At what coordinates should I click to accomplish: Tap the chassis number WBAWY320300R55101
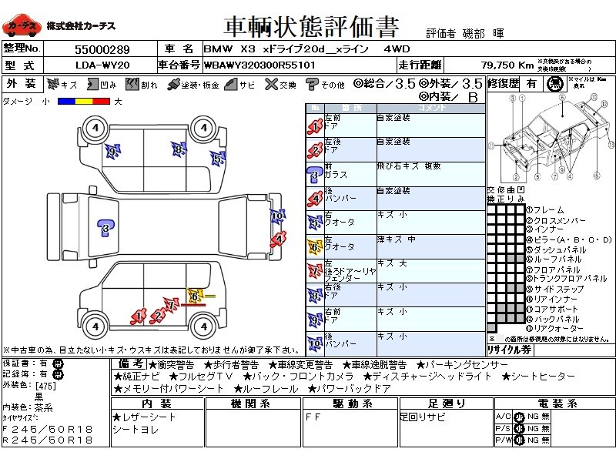pos(259,65)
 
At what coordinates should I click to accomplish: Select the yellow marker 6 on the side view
pos(195,295)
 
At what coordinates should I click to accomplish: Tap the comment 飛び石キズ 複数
pos(409,166)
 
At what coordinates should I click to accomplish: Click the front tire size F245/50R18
pos(48,429)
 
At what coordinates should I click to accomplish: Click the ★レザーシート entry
pos(145,417)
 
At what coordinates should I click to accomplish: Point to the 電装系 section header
pos(552,404)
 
